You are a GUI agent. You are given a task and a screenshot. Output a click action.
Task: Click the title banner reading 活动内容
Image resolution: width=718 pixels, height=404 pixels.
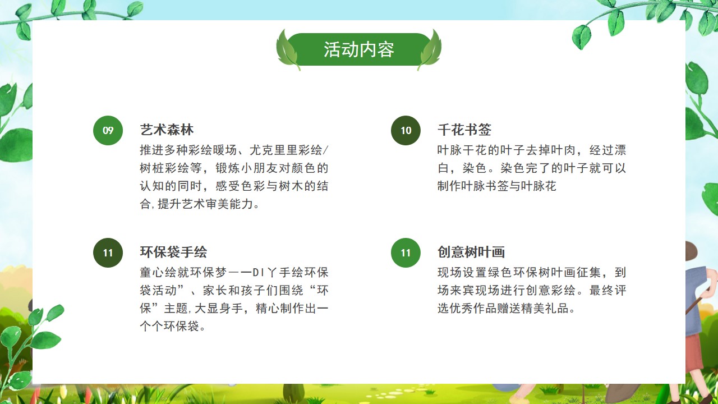[x=358, y=49]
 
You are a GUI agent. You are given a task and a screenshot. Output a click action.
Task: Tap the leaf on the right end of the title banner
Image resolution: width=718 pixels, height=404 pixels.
[x=430, y=50]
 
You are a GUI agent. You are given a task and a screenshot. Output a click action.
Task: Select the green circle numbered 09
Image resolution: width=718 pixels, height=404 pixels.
[x=108, y=131]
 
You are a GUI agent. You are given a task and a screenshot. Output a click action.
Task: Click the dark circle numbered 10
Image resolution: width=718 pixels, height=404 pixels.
[x=406, y=131]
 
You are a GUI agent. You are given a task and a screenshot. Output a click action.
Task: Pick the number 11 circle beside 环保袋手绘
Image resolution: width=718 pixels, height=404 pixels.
[x=108, y=252]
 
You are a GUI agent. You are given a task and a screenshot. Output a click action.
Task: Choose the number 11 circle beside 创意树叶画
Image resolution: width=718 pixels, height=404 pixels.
[x=406, y=252]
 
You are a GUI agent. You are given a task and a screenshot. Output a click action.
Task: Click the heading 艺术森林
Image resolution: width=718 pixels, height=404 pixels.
[x=167, y=130]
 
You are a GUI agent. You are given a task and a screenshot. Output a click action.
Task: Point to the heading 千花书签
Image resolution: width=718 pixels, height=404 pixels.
[x=464, y=130]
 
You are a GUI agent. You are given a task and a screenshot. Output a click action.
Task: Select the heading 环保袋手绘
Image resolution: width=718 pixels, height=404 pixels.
[x=173, y=252]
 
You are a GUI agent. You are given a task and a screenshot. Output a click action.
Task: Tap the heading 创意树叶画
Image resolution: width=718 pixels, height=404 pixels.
[x=471, y=252]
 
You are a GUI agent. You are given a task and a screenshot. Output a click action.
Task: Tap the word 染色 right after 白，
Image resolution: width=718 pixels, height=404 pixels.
[x=475, y=168]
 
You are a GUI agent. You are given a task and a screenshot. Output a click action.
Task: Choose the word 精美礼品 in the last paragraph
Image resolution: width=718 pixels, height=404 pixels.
[x=545, y=309]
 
